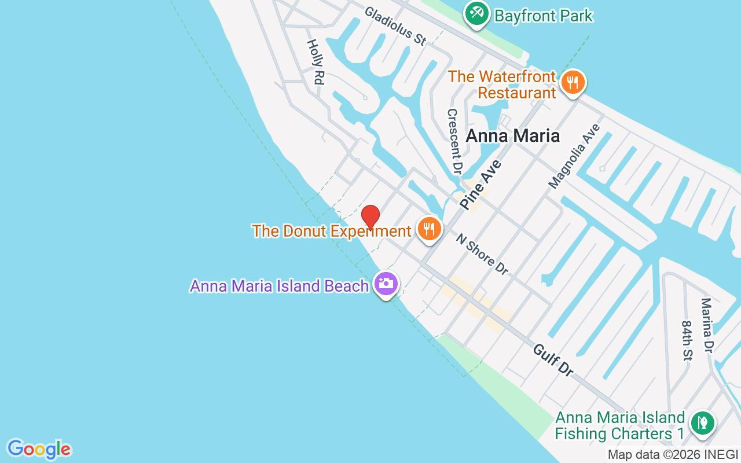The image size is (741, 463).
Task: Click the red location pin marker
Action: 370,216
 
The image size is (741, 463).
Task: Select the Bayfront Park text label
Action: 544,16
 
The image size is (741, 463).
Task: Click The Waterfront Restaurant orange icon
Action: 572,83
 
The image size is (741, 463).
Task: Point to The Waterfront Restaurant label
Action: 501,84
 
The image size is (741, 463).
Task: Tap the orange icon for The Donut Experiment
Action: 428,229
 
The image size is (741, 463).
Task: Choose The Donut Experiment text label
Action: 331,231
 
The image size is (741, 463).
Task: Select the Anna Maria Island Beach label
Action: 279,286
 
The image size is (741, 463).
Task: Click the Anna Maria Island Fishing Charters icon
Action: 702,421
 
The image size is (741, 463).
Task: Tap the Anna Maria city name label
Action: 512,136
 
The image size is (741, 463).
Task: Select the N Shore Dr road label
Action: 482,253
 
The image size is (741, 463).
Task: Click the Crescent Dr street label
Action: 454,141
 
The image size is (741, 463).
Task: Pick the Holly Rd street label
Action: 314,62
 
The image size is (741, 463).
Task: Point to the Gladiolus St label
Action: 395,26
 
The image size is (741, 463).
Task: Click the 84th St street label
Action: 687,341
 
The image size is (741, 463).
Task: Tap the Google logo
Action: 39,449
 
